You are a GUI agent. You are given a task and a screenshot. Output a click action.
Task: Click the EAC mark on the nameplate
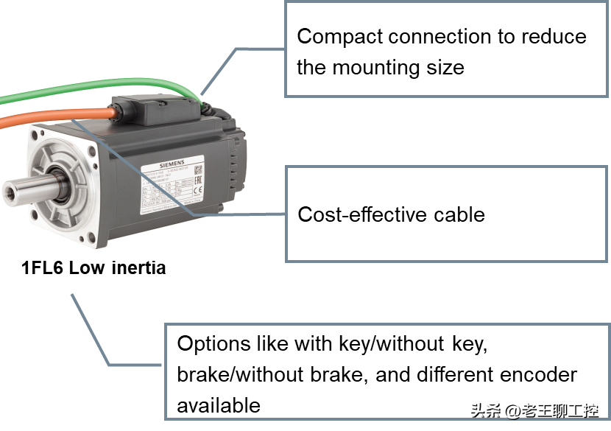point(197,183)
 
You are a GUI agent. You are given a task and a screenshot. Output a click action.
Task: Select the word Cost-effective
point(357,215)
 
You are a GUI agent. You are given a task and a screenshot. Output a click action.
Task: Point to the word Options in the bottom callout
point(212,344)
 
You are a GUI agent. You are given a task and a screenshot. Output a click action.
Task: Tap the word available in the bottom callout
point(219,405)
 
